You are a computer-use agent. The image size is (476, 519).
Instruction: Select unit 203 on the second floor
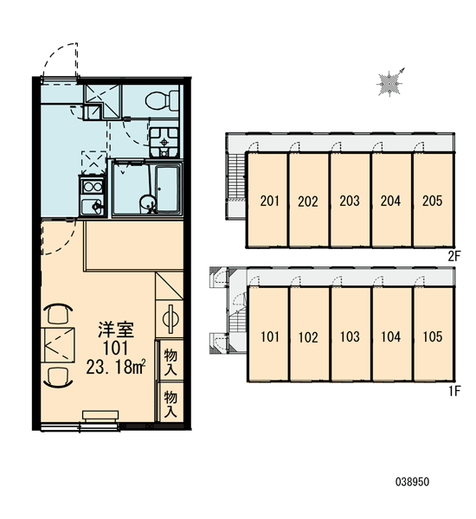pyautogui.click(x=350, y=200)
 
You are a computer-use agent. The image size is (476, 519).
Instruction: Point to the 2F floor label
pyautogui.click(x=454, y=256)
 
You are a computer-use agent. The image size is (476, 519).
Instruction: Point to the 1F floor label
pyautogui.click(x=455, y=391)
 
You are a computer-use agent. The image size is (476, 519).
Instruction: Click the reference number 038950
pyautogui.click(x=412, y=482)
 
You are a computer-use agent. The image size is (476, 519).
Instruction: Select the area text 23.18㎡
pyautogui.click(x=116, y=368)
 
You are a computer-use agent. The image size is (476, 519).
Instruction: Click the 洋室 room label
pyautogui.click(x=116, y=330)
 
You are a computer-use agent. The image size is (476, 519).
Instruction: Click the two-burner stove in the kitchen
pyautogui.click(x=93, y=187)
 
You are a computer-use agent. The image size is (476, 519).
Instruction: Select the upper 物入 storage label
pyautogui.click(x=170, y=362)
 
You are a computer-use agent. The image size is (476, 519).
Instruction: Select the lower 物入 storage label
pyautogui.click(x=170, y=404)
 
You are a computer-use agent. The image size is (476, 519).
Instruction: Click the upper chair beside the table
pyautogui.click(x=58, y=314)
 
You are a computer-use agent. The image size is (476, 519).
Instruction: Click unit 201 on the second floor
pyautogui.click(x=269, y=200)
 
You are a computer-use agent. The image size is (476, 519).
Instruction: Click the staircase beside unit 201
pyautogui.click(x=236, y=176)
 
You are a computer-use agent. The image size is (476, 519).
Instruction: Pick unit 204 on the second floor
pyautogui.click(x=391, y=200)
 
